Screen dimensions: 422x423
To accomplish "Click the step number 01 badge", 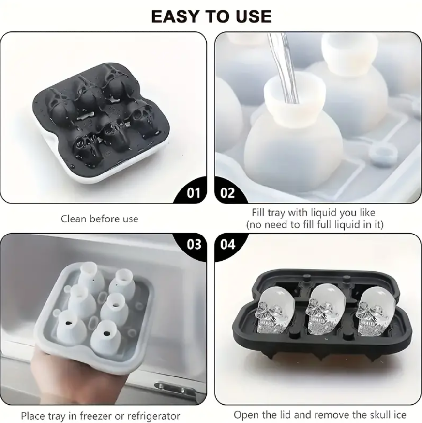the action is tap(194, 193).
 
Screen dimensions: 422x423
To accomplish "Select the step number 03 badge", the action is tap(194, 244).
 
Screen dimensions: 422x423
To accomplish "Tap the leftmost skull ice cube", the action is tap(273, 311).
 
